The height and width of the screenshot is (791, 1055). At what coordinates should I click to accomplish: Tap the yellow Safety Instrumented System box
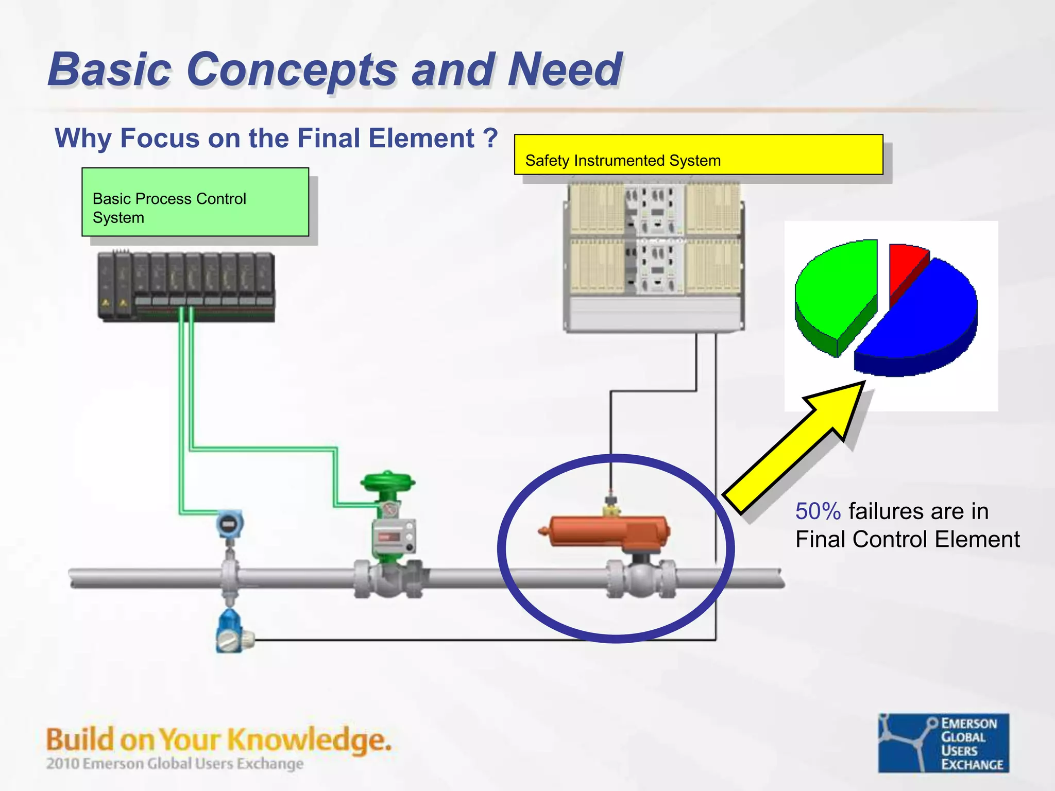pyautogui.click(x=698, y=154)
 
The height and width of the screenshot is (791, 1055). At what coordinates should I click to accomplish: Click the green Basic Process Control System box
pyautogui.click(x=195, y=202)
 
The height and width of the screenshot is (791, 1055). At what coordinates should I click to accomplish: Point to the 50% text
pyautogui.click(x=818, y=511)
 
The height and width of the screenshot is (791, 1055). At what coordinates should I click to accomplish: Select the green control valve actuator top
pyautogui.click(x=387, y=482)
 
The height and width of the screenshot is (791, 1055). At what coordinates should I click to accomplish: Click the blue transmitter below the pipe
pyautogui.click(x=230, y=631)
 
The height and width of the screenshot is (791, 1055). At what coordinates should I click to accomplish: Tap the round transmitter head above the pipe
pyautogui.click(x=229, y=524)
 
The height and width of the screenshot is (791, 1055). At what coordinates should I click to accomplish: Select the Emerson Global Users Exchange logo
pyautogui.click(x=943, y=743)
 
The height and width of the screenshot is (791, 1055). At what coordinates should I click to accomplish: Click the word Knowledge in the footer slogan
pyautogui.click(x=309, y=740)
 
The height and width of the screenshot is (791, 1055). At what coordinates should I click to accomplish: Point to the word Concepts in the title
pyautogui.click(x=292, y=70)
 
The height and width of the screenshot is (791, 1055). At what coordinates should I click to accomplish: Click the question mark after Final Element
pyautogui.click(x=490, y=138)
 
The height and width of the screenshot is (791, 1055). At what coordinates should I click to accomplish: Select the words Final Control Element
pyautogui.click(x=907, y=539)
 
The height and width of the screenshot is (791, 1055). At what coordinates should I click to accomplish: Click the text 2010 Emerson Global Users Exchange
pyautogui.click(x=175, y=763)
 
